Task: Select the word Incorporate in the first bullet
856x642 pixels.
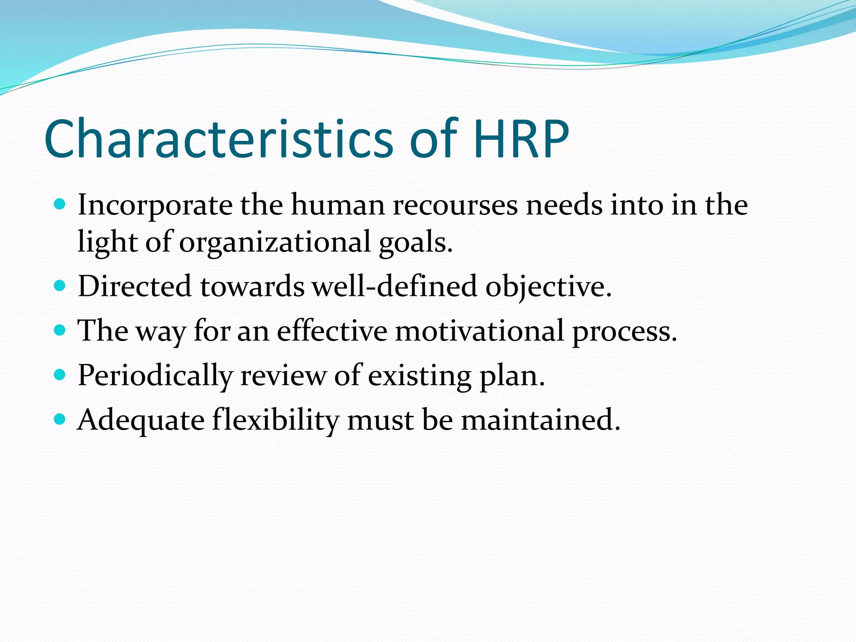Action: click(155, 206)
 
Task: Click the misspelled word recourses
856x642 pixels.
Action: click(455, 206)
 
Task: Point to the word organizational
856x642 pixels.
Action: click(275, 242)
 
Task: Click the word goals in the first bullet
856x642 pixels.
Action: click(415, 242)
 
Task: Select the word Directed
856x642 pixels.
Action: click(135, 287)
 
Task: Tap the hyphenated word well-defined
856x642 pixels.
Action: click(395, 287)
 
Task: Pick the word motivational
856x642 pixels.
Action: click(479, 331)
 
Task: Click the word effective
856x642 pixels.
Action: click(332, 331)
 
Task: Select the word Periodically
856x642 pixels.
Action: click(155, 376)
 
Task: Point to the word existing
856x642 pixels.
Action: click(420, 376)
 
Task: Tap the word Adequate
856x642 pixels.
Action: click(141, 420)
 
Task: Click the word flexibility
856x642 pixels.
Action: click(275, 420)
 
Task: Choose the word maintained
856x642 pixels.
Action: click(540, 420)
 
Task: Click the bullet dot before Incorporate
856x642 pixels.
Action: click(60, 205)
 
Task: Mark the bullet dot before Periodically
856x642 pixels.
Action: click(60, 374)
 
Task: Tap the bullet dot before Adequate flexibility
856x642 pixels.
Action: click(60, 419)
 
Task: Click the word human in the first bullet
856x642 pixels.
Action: click(338, 206)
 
